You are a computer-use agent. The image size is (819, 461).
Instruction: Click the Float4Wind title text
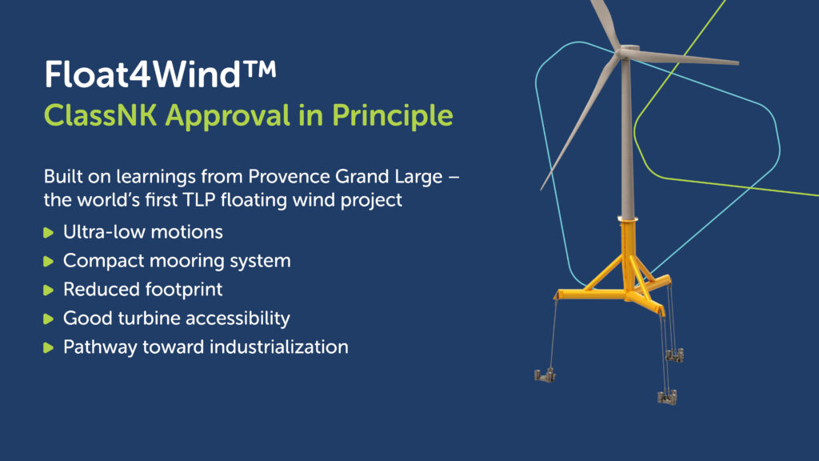(160, 74)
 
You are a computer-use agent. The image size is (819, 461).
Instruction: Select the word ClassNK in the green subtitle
(100, 115)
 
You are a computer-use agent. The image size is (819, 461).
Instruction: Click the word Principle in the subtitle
(392, 117)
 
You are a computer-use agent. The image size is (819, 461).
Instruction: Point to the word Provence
(288, 177)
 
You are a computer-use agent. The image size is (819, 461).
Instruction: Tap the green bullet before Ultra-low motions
(49, 232)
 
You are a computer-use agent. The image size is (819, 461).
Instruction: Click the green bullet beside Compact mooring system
(49, 261)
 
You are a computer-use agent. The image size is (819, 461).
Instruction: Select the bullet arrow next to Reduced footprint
(49, 290)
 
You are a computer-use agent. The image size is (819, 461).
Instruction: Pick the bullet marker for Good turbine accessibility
(49, 319)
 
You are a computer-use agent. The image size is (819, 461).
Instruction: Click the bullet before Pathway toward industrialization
(49, 347)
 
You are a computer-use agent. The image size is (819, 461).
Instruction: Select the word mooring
(187, 262)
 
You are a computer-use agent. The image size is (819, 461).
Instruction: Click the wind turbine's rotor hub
(627, 52)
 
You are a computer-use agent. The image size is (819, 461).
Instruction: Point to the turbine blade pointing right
(685, 58)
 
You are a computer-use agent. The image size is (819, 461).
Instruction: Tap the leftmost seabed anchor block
(545, 375)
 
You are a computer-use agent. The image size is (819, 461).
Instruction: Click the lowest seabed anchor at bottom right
(667, 397)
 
